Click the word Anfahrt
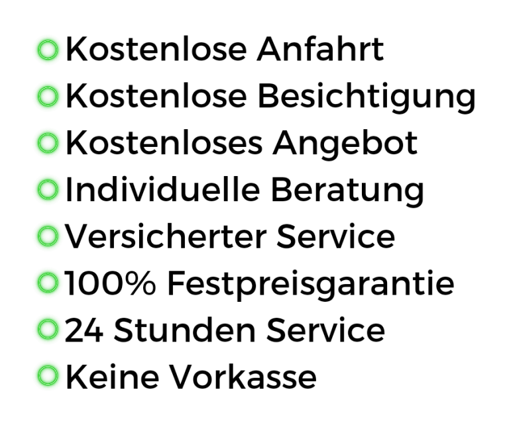click(320, 49)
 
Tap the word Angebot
click(345, 144)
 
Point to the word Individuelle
click(162, 189)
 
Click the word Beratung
click(348, 191)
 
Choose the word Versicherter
click(166, 236)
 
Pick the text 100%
click(111, 283)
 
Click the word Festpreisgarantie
click(311, 285)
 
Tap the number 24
click(84, 330)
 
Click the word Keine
click(112, 377)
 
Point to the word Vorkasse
click(243, 377)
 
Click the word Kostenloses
click(164, 142)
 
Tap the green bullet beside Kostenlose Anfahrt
click(48, 50)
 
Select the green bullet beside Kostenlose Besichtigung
click(48, 96)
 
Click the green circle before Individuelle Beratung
click(48, 189)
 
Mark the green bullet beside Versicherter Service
click(48, 236)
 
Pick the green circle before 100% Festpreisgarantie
click(48, 283)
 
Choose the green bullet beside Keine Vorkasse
click(48, 376)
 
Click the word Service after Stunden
click(325, 330)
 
